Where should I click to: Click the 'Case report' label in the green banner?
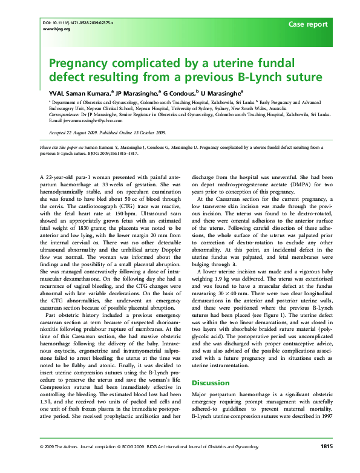coord(308,25)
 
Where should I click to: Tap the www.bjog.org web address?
coord(53,28)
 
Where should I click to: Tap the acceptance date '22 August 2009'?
coord(84,131)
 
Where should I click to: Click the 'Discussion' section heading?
coord(211,382)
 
